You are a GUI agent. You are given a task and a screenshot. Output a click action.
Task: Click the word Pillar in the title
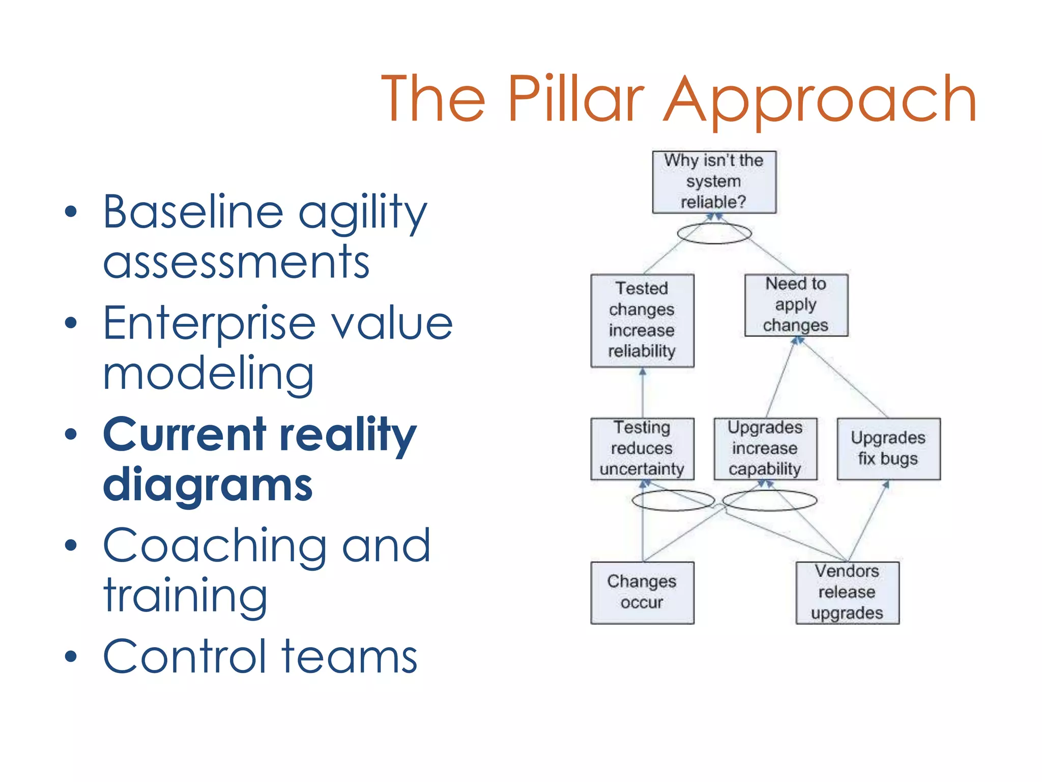click(x=576, y=99)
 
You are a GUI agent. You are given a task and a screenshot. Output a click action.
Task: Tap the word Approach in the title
click(x=821, y=99)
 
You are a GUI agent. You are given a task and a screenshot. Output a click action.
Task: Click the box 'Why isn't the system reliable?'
click(x=714, y=182)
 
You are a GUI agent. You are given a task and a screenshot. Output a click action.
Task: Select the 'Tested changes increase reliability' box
click(x=642, y=320)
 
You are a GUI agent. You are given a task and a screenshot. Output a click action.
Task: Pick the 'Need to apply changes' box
click(x=796, y=305)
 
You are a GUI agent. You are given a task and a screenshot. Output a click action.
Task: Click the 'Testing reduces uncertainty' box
click(x=642, y=449)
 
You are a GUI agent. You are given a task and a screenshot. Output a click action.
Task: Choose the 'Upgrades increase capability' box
click(x=765, y=449)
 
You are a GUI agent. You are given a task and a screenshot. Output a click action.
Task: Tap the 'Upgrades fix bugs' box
click(x=888, y=449)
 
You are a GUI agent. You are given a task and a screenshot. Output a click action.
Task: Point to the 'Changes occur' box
click(x=642, y=592)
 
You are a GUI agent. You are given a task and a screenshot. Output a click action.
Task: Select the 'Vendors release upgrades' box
click(x=847, y=592)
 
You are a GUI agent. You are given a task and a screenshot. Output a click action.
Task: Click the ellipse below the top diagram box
click(x=714, y=234)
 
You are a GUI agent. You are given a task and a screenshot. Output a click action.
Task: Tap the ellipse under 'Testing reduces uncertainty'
click(x=673, y=500)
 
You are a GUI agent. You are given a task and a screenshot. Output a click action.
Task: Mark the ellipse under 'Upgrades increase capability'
click(x=769, y=500)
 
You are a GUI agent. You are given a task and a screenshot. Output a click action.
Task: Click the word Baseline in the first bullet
click(x=193, y=212)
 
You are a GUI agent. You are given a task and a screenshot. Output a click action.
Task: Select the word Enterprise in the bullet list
click(x=209, y=324)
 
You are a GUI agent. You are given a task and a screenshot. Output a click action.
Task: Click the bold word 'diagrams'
click(x=208, y=485)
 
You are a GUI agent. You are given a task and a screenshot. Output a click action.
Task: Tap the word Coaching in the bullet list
click(x=214, y=546)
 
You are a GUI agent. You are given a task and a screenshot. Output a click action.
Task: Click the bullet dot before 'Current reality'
click(x=71, y=434)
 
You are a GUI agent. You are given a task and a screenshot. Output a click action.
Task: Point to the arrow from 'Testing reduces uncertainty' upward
click(x=642, y=392)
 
